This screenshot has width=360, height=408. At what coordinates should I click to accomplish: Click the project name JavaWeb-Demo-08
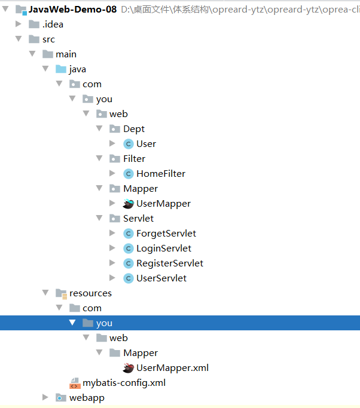pyautogui.click(x=72, y=10)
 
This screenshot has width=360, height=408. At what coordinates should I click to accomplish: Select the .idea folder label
pyautogui.click(x=53, y=24)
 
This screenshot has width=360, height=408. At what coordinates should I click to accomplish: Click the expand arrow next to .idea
pyautogui.click(x=18, y=24)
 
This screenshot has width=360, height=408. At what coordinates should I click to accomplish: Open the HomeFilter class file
pyautogui.click(x=161, y=174)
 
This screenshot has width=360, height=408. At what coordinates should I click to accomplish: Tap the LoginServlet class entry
pyautogui.click(x=164, y=249)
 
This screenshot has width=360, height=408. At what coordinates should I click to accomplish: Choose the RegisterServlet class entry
pyautogui.click(x=170, y=263)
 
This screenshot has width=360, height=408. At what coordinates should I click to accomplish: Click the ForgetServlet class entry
pyautogui.click(x=166, y=234)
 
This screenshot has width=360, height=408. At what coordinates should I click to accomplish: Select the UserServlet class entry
pyautogui.click(x=161, y=278)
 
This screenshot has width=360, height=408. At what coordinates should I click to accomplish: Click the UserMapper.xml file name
pyautogui.click(x=172, y=368)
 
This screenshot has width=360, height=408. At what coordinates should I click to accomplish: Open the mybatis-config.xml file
pyautogui.click(x=124, y=383)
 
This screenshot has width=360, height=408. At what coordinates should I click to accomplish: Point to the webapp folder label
pyautogui.click(x=87, y=398)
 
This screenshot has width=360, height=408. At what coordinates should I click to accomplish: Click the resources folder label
pyautogui.click(x=90, y=293)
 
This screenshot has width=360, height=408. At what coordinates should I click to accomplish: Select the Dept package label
pyautogui.click(x=134, y=129)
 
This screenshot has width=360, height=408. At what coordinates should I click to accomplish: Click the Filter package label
pyautogui.click(x=134, y=159)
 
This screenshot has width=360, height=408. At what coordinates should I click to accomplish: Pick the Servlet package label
pyautogui.click(x=138, y=219)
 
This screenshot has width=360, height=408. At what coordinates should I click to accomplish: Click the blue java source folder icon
pyautogui.click(x=61, y=69)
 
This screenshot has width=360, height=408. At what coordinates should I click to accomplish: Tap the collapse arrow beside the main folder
pyautogui.click(x=32, y=54)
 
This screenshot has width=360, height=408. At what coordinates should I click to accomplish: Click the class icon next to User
pyautogui.click(x=128, y=144)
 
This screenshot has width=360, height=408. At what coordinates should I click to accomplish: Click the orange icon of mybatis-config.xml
pyautogui.click(x=75, y=383)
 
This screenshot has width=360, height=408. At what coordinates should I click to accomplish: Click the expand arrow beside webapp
pyautogui.click(x=45, y=398)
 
